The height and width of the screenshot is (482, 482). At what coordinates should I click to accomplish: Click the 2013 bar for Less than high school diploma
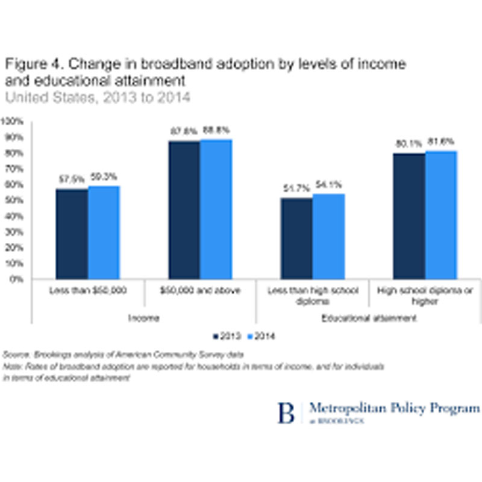pos(296,238)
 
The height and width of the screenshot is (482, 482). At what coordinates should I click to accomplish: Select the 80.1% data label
pos(408,143)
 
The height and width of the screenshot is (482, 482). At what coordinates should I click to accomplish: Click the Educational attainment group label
pos(369,318)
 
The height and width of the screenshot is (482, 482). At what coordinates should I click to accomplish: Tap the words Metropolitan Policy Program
pos(394,408)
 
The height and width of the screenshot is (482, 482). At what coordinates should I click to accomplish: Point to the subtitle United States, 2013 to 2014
pos(98,96)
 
